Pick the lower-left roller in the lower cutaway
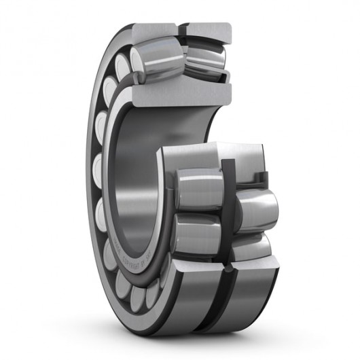[x=197, y=234]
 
